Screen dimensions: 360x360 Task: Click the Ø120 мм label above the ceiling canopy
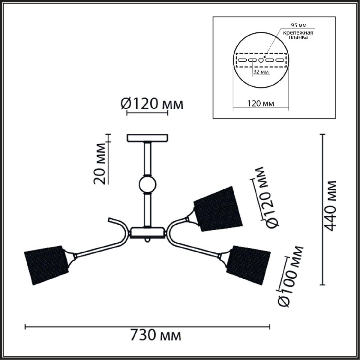click(x=152, y=104)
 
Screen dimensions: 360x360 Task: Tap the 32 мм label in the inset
click(x=260, y=72)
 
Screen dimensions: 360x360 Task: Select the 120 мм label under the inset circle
click(x=260, y=104)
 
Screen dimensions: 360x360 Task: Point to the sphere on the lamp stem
click(x=147, y=185)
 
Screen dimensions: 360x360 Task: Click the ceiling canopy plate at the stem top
click(x=147, y=138)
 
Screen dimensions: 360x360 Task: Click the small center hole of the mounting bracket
click(x=261, y=60)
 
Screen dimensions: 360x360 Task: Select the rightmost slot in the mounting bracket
click(x=280, y=60)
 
